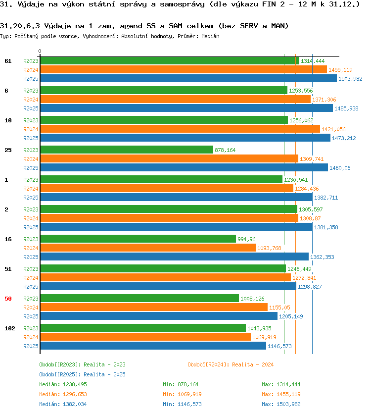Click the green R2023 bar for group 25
pos(127,150)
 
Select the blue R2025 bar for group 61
pos(188,78)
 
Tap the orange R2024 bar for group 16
pos(148,248)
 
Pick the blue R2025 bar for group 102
pos(153,346)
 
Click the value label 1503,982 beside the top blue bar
pos(350,79)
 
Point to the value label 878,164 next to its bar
pos(225,150)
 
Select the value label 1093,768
pos(269,248)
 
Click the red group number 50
pos(8,299)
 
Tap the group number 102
pos(10,328)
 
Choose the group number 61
pos(8,61)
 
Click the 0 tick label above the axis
pos(40,51)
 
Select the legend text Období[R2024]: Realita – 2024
pos(231,364)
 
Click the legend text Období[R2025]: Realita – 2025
pos(82,374)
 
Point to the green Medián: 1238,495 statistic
pos(63,385)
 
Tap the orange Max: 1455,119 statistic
pos(281,394)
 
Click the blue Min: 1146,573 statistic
pos(182,404)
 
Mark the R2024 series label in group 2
pos(31,218)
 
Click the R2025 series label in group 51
pos(31,287)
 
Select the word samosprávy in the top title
pos(182,4)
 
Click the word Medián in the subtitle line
pos(210,36)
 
